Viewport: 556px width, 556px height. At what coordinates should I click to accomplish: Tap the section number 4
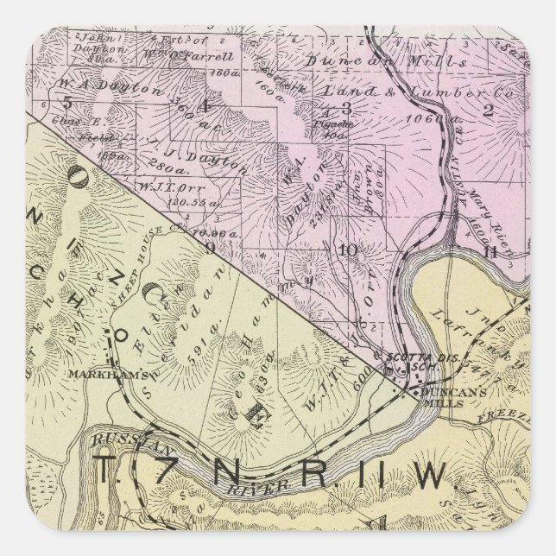pos(205,105)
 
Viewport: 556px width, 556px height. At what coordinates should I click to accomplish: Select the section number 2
pos(512,108)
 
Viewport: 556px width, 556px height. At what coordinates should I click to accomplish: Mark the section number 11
pos(491,251)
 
